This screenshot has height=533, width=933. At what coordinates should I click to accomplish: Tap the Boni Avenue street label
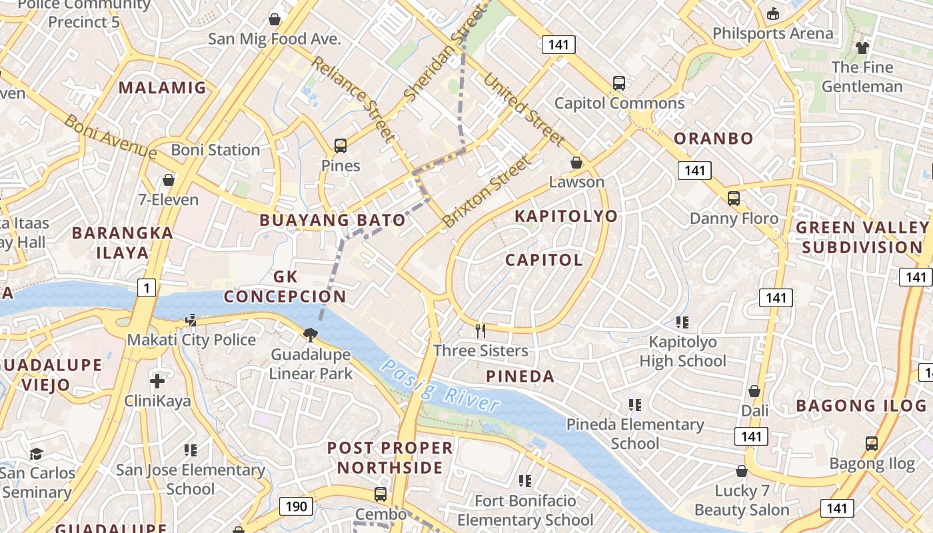111,137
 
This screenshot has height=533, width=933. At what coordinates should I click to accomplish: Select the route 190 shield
296,506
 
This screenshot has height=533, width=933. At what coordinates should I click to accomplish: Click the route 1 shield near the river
146,288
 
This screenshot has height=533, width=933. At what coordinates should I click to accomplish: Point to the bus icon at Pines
341,145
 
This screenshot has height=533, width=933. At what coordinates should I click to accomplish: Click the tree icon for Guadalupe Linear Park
310,334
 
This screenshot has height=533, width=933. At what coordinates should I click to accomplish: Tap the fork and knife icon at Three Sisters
480,330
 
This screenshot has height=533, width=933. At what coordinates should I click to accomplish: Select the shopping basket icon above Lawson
576,163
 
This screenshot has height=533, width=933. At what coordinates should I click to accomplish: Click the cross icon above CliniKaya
157,381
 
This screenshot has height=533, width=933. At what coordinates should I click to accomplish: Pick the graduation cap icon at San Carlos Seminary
36,454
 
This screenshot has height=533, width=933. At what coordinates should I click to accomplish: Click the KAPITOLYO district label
566,216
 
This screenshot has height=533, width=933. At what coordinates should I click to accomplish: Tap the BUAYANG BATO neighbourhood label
333,220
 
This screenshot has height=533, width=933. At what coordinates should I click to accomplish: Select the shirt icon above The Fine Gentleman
862,48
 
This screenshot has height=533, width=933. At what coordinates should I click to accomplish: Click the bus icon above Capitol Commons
619,83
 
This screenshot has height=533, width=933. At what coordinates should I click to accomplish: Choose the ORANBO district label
713,139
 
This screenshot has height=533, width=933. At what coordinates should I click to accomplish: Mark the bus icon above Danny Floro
734,199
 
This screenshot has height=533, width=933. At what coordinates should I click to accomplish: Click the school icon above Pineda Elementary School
634,404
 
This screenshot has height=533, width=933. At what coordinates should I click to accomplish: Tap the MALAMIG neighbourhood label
163,87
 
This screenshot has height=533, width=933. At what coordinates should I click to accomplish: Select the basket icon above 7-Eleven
169,180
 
